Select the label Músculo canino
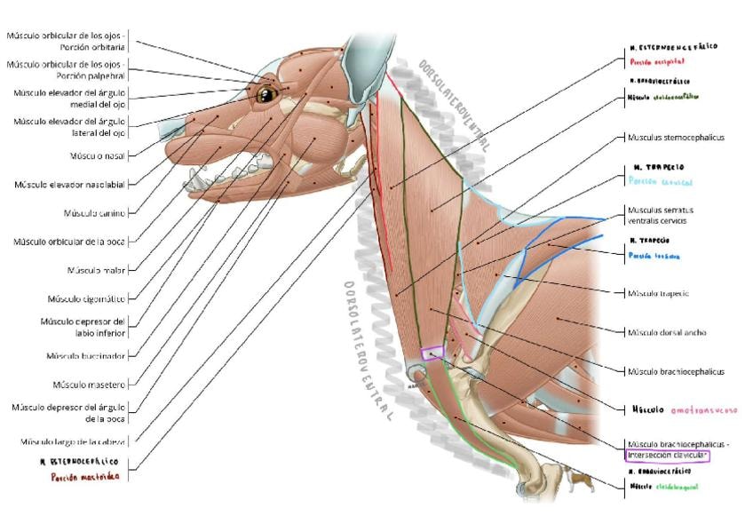[x=94, y=213]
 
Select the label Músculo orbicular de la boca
[x=75, y=242]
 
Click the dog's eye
[x=267, y=91]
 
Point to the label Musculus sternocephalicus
[x=676, y=139]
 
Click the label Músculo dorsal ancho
[x=667, y=333]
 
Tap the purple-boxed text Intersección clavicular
[x=668, y=456]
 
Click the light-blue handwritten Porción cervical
[x=660, y=181]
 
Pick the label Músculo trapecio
[x=658, y=293]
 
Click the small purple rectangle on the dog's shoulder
[x=432, y=353]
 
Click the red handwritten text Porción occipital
[x=657, y=62]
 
